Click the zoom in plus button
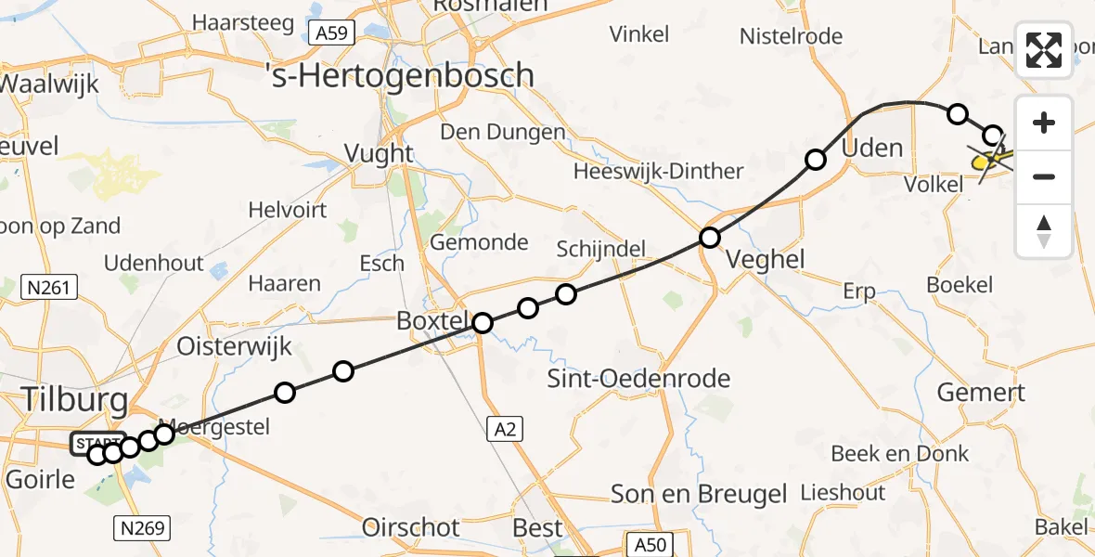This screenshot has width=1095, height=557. pyautogui.click(x=1044, y=123)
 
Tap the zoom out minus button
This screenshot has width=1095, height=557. pyautogui.click(x=1044, y=176)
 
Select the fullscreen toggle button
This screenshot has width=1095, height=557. pyautogui.click(x=1044, y=50)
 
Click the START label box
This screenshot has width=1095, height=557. pyautogui.click(x=97, y=442)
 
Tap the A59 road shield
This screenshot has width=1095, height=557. pyautogui.click(x=330, y=34)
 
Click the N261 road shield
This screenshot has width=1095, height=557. pyautogui.click(x=48, y=288)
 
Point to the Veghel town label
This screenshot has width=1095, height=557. pyautogui.click(x=767, y=259)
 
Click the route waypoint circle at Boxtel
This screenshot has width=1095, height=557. pyautogui.click(x=483, y=323)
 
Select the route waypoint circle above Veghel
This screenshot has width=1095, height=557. pyautogui.click(x=710, y=238)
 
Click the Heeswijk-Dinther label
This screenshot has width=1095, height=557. pyautogui.click(x=658, y=172)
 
